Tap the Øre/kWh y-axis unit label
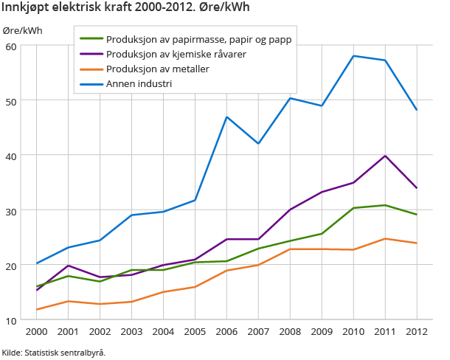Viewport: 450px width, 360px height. [x=22, y=30]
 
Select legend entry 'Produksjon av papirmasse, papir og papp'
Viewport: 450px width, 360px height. [x=199, y=39]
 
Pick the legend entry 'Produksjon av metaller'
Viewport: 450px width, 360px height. [x=157, y=69]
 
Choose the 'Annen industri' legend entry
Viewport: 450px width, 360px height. [x=139, y=83]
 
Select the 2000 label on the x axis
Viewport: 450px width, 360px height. [x=37, y=331]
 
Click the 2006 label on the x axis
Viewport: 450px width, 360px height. [x=226, y=331]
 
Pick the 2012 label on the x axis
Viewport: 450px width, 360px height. [x=416, y=331]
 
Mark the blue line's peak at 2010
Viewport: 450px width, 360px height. [x=353, y=56]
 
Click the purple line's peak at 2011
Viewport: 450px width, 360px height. [x=385, y=156]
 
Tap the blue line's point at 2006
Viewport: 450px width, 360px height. [x=226, y=117]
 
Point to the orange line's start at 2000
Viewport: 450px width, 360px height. [x=37, y=310]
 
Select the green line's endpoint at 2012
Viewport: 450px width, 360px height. [x=416, y=215]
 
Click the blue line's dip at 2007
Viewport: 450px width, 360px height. [x=258, y=143]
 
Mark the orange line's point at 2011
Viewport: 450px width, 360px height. [x=385, y=238]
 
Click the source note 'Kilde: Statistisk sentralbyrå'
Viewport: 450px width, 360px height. [x=54, y=353]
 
